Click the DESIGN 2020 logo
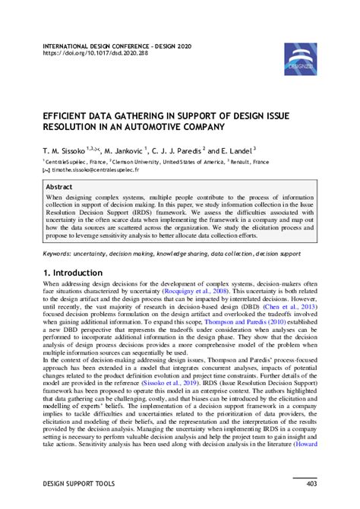click(301, 58)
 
